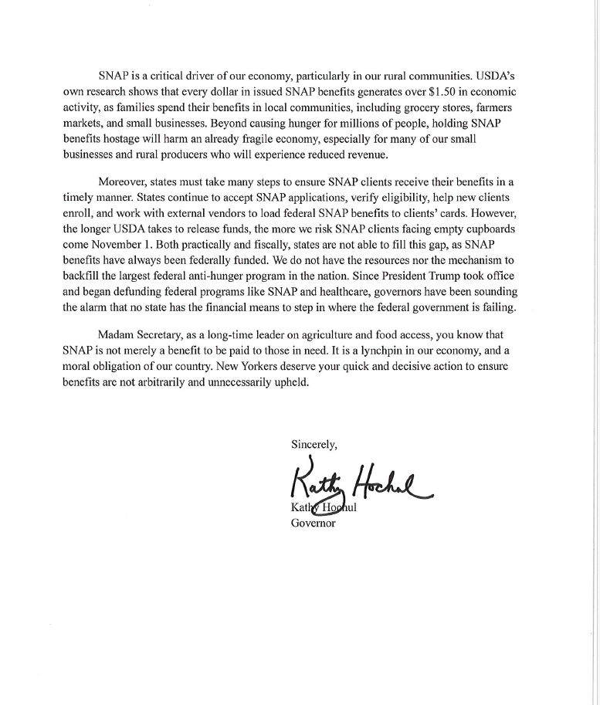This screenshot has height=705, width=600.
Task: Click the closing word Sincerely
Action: (x=314, y=444)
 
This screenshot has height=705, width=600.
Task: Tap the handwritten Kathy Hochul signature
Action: (x=359, y=483)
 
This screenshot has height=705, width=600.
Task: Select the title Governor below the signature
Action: (x=313, y=523)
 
